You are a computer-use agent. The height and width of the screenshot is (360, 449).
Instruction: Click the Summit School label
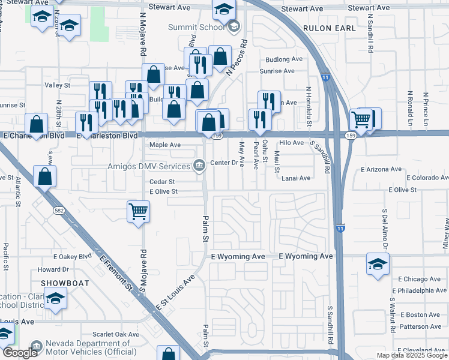(x=196, y=27)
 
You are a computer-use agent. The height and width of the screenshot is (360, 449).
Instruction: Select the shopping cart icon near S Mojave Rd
(x=138, y=212)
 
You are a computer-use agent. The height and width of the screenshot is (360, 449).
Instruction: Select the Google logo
(x=20, y=353)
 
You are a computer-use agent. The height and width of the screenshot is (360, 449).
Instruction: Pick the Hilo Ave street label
(x=292, y=143)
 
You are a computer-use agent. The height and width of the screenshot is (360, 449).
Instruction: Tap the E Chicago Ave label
(x=420, y=279)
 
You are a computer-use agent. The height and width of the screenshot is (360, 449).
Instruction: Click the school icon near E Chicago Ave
(x=378, y=264)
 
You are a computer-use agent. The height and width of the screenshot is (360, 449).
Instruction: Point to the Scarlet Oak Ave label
(x=116, y=334)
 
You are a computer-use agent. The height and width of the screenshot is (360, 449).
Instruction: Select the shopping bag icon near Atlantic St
(x=44, y=176)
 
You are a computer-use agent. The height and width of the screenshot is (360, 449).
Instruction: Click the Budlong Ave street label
(x=284, y=59)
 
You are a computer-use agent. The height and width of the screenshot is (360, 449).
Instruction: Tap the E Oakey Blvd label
(x=72, y=256)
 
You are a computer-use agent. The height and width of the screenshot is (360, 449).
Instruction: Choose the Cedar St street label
(x=161, y=181)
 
